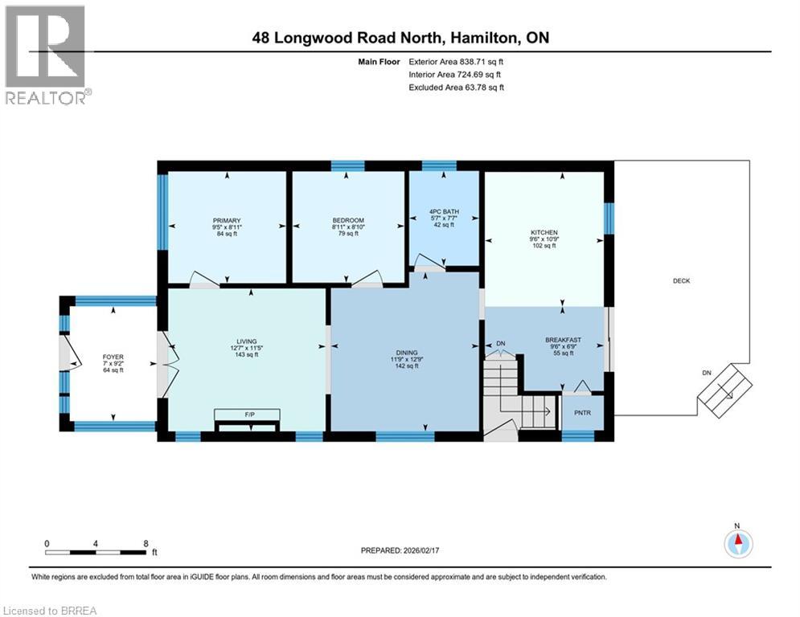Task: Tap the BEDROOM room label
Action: tap(348, 221)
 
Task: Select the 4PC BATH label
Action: tap(445, 212)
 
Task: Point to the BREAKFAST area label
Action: tap(563, 340)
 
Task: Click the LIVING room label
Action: tap(245, 341)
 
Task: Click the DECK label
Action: tap(682, 281)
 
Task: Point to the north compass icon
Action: tap(736, 543)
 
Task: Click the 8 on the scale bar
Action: tap(145, 543)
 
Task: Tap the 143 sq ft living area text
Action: tap(245, 354)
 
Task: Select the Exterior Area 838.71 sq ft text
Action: tap(457, 61)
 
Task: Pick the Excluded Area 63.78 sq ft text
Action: tap(457, 88)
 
